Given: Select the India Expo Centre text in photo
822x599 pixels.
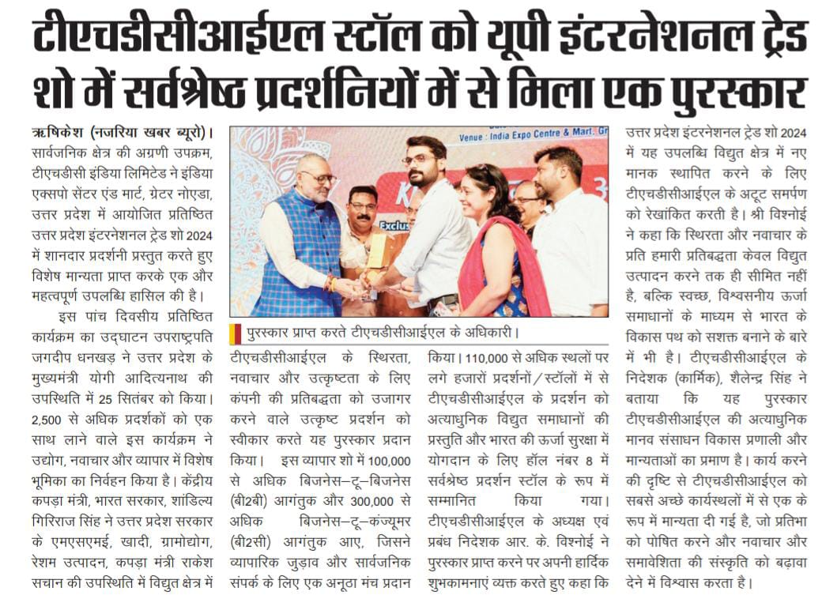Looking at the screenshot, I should [x=530, y=138].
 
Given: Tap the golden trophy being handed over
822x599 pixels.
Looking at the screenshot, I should [x=379, y=251].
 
